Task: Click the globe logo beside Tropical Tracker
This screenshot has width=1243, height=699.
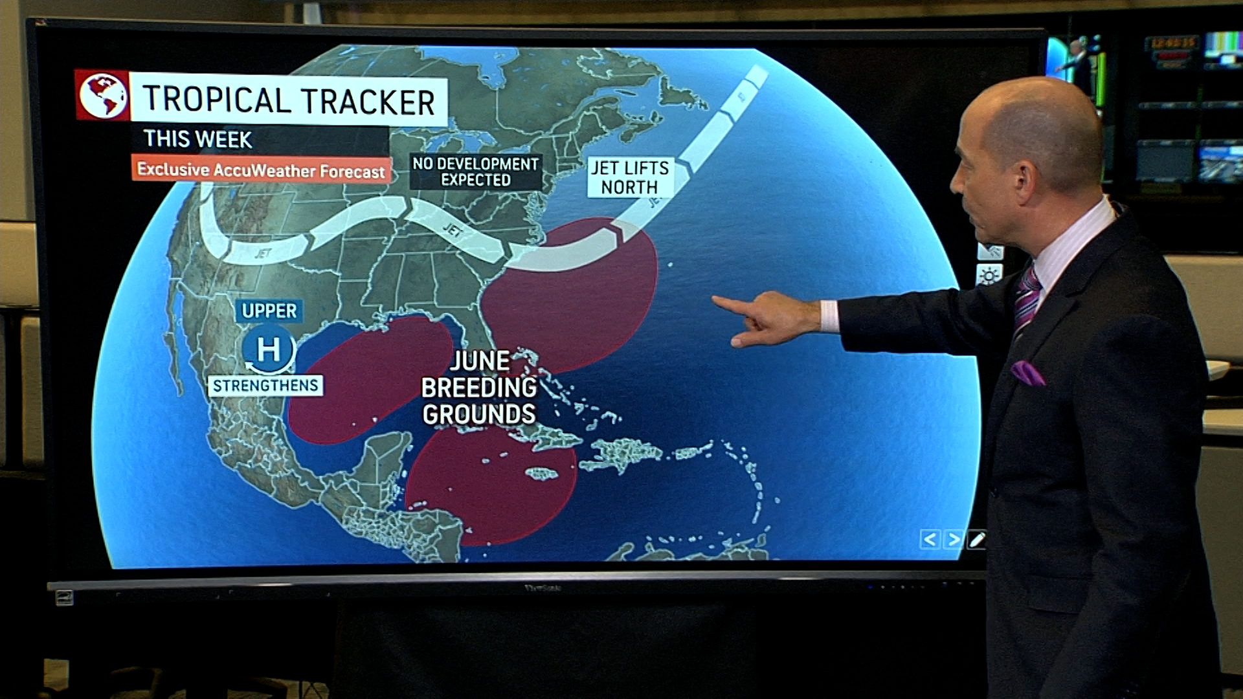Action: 102,96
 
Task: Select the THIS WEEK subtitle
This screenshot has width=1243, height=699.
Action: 198,139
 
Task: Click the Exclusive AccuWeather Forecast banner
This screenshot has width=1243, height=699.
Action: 261,170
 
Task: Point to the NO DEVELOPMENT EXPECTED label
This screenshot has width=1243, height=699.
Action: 476,172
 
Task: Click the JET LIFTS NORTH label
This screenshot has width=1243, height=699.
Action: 630,177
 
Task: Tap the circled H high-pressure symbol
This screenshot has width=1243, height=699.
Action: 269,349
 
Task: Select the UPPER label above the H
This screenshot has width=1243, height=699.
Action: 269,311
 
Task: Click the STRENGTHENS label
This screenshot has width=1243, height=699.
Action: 265,386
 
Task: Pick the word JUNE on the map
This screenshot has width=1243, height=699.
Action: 480,361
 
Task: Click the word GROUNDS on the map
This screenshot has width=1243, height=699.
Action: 479,414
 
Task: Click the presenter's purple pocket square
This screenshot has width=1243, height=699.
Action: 1027,373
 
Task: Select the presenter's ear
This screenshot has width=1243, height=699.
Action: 1025,179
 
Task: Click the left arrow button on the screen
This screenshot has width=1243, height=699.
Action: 930,539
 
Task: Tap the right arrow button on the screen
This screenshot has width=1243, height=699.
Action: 954,539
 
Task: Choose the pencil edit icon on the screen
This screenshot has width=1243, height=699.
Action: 977,539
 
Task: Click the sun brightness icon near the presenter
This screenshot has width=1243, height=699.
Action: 989,276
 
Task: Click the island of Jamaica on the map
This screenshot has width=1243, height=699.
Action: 541,474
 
